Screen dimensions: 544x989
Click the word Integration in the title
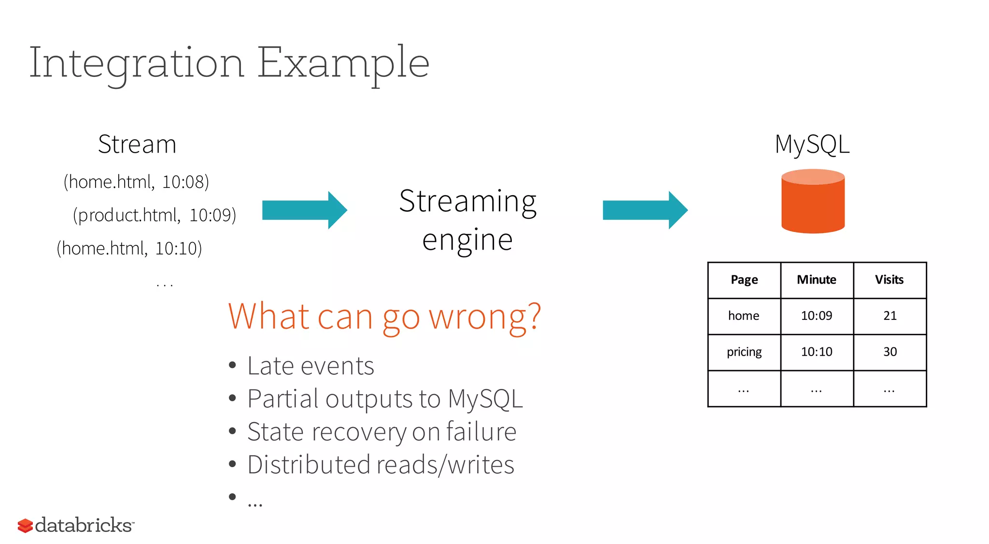click(137, 63)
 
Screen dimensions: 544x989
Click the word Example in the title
click(343, 63)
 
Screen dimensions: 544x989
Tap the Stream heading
click(137, 144)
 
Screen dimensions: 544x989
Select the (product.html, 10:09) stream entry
click(155, 215)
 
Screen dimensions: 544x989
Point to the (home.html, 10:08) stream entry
click(136, 182)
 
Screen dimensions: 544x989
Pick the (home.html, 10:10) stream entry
click(129, 248)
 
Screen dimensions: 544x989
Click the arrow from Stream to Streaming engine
click(304, 210)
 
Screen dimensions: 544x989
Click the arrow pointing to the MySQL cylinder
click(645, 210)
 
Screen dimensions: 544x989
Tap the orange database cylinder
click(813, 201)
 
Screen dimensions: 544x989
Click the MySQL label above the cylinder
click(812, 144)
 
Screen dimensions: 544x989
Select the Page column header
click(744, 280)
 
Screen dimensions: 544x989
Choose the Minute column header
click(817, 280)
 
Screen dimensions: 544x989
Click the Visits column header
click(890, 280)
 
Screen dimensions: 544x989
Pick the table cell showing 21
click(890, 316)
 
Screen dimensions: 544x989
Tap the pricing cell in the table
click(744, 352)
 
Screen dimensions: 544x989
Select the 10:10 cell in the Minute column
click(817, 352)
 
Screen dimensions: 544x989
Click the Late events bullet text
click(311, 366)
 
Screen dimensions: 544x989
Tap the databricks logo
click(76, 525)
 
